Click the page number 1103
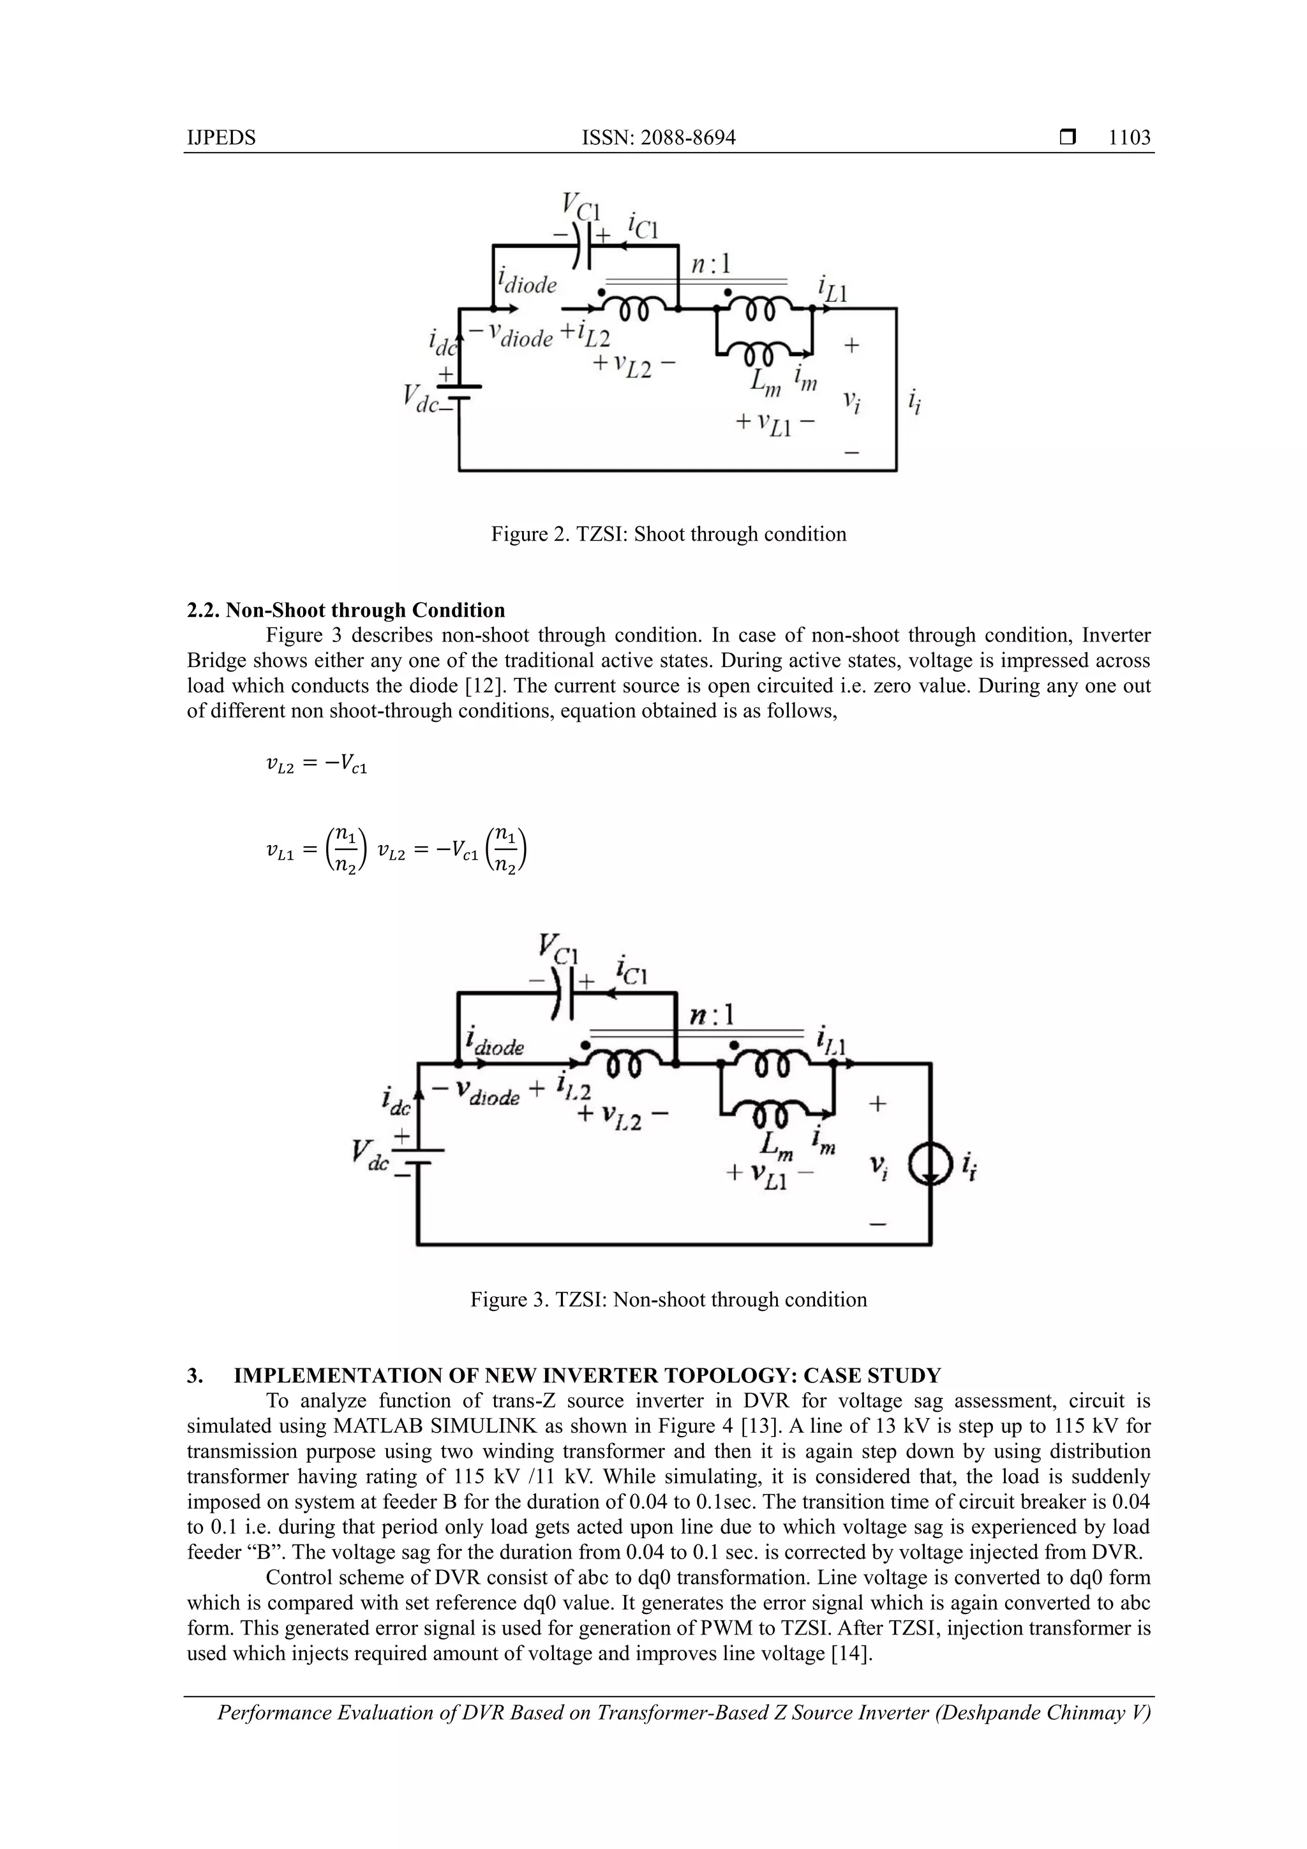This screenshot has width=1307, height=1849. [1129, 138]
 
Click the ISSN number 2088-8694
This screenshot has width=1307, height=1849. [658, 138]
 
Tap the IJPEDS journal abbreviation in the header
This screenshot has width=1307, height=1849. [221, 138]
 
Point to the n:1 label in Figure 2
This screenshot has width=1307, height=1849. [710, 264]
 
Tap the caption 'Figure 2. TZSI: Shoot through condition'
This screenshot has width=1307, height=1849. [668, 534]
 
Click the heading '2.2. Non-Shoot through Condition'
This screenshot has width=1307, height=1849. [347, 610]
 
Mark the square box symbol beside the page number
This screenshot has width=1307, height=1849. [1068, 138]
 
